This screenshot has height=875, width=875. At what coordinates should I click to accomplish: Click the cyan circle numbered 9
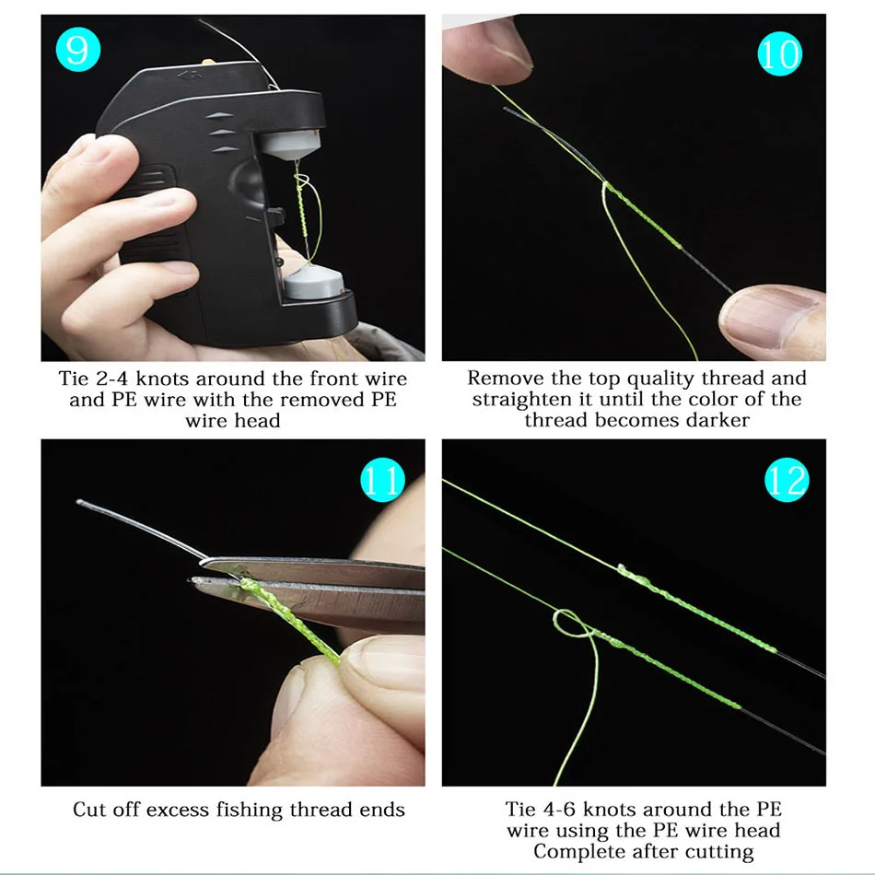coord(78,49)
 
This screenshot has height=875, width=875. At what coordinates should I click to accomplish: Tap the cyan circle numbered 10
coord(779,54)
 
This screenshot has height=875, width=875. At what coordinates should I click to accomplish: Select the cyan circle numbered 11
coord(383,480)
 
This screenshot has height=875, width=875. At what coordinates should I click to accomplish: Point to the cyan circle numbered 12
coord(787,480)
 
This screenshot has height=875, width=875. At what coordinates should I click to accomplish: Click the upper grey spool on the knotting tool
coord(291,145)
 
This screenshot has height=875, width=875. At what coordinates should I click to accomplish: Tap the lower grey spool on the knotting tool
coord(313,282)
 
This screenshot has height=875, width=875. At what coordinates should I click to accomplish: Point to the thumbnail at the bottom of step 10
coord(770,320)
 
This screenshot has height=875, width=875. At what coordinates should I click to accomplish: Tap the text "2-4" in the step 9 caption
coord(111,379)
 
